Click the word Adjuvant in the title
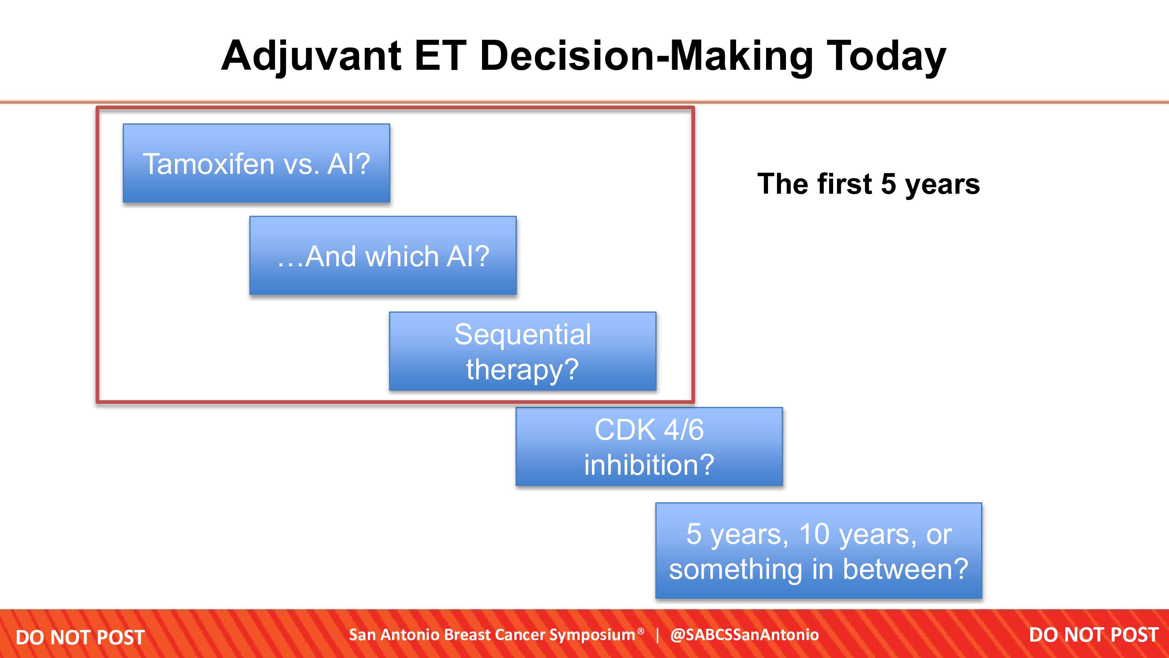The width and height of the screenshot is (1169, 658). (311, 56)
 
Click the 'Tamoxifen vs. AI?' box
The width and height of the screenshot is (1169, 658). (256, 163)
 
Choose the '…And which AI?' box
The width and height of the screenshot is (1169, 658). (383, 256)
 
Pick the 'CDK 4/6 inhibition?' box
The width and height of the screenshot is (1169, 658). (650, 446)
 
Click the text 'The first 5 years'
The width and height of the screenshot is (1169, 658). (869, 184)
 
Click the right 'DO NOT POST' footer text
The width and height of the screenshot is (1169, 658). (1094, 635)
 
